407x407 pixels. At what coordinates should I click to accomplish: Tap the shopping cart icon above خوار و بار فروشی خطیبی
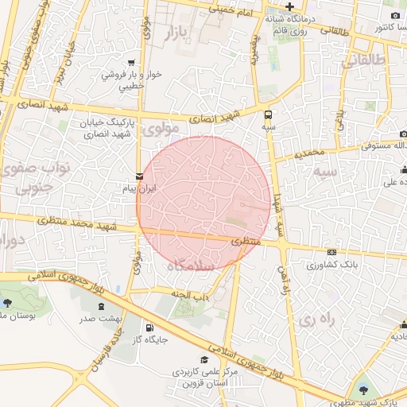click(x=130, y=62)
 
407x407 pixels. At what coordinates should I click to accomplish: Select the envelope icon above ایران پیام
click(x=140, y=176)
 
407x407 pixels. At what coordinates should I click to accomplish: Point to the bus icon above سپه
click(x=268, y=114)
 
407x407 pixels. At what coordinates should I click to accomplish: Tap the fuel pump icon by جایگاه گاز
click(x=149, y=328)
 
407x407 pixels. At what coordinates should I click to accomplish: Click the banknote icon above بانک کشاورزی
click(x=331, y=252)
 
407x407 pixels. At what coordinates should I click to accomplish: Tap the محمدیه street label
click(x=308, y=152)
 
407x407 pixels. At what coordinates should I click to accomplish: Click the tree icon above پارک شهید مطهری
click(x=364, y=390)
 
